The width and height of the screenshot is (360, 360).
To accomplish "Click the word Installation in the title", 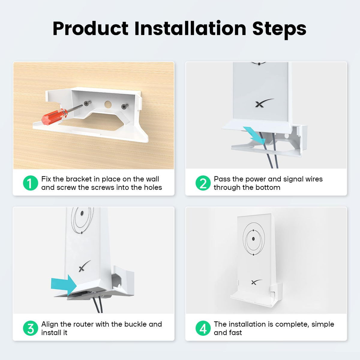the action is (x=190, y=28).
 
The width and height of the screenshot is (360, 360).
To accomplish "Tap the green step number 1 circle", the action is (x=31, y=183).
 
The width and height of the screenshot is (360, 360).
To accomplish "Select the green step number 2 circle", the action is (x=203, y=183).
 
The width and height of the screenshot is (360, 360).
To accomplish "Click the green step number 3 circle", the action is (x=31, y=328).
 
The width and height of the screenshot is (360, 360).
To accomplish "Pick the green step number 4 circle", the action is (x=203, y=328).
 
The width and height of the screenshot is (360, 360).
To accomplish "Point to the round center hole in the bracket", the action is (x=108, y=104).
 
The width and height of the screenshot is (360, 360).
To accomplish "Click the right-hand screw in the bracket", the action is (x=125, y=106).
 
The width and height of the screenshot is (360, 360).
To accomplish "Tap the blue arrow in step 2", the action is (x=254, y=135).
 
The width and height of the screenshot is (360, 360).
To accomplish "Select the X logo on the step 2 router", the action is (x=264, y=103).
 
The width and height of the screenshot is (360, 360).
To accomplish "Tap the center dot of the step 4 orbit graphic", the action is (x=253, y=239).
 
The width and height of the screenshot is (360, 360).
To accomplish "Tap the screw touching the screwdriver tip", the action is (x=87, y=103).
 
